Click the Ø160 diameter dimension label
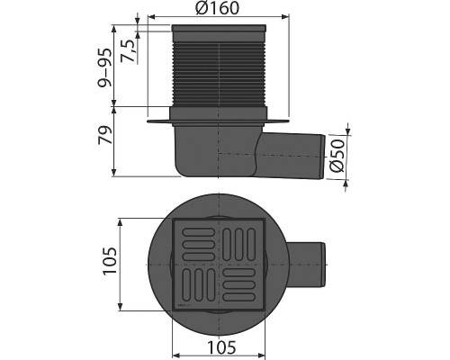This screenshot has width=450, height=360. point(216,9)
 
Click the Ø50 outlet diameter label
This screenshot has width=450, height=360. point(337,156)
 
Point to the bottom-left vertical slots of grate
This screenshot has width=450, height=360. point(194,284)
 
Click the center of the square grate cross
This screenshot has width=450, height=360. point(216,264)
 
